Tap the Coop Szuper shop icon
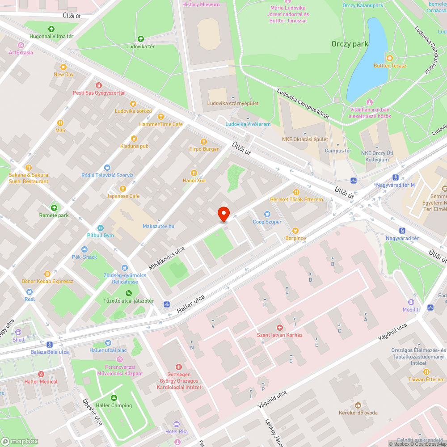coord(267,214)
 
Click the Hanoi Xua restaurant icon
coord(194,173)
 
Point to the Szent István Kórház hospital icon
coord(280,328)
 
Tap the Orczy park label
coord(350,44)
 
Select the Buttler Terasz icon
coord(390,58)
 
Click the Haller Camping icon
coord(114,397)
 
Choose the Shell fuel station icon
coord(18,332)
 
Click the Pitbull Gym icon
coord(100,228)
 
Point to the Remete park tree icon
coord(54,207)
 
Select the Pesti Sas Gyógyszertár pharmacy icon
coord(99,85)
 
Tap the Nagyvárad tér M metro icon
coord(396,177)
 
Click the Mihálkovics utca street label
coord(167,258)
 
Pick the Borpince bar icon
coord(295,231)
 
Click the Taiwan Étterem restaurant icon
coord(426,371)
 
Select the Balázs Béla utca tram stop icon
coord(50,344)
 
